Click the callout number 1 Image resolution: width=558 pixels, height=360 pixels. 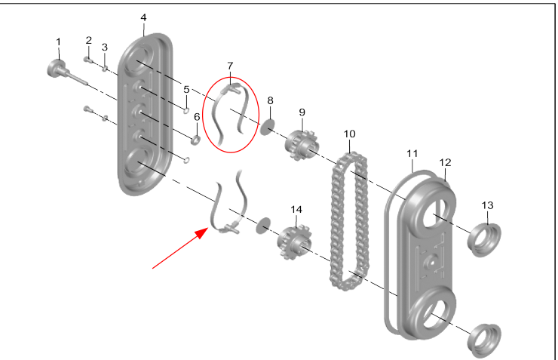58,41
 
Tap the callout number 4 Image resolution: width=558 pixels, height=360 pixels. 143,17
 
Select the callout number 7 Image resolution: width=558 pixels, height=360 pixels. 231,67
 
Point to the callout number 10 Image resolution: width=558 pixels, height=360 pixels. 349,134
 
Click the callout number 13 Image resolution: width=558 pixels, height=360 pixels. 488,205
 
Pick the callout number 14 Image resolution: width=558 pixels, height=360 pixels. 296,209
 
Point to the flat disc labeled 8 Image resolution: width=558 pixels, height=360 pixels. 267,127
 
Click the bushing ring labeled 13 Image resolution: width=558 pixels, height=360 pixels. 481,235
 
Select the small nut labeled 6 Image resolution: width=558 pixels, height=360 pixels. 195,139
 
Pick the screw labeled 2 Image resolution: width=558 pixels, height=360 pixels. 88,60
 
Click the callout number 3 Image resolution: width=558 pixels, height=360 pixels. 105,47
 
